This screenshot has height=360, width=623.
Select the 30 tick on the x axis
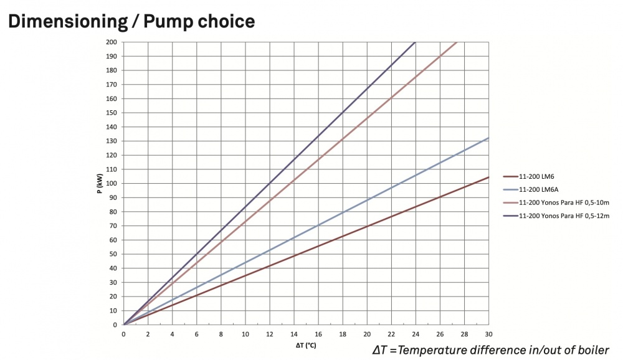488,333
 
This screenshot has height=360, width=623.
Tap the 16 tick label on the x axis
318,333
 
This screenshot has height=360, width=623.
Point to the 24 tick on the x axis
416,333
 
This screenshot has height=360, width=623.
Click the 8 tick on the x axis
221,333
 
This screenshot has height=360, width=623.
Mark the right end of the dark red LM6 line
488,178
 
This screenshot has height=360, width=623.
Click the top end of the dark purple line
415,42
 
